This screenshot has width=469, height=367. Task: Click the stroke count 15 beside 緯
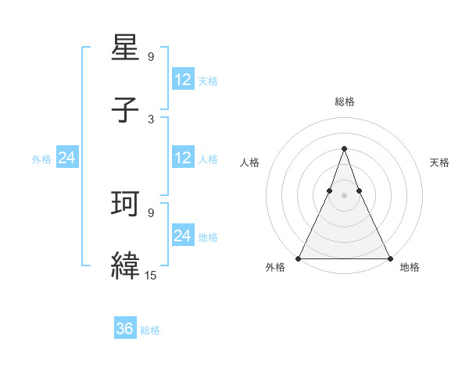tap(150, 275)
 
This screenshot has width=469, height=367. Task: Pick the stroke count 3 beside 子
tap(150, 119)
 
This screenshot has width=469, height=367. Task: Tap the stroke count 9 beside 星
tap(150, 57)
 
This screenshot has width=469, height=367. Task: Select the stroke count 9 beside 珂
tap(150, 212)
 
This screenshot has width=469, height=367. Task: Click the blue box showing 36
tap(125, 329)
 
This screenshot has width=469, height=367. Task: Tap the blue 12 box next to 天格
tap(183, 80)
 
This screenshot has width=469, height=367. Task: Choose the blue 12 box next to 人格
tap(183, 158)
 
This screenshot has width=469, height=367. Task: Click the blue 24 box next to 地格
tap(183, 236)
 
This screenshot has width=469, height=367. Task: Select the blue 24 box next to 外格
tap(67, 158)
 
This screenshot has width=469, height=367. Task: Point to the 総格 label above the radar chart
tap(345, 102)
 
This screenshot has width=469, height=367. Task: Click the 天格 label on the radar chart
tap(439, 162)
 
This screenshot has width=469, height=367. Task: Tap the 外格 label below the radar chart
tap(275, 268)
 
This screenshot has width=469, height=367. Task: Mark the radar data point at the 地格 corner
tap(389, 258)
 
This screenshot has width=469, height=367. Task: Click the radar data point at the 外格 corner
tap(299, 258)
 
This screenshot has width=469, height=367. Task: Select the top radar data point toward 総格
tap(344, 148)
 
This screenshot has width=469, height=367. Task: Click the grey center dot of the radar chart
tap(344, 194)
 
